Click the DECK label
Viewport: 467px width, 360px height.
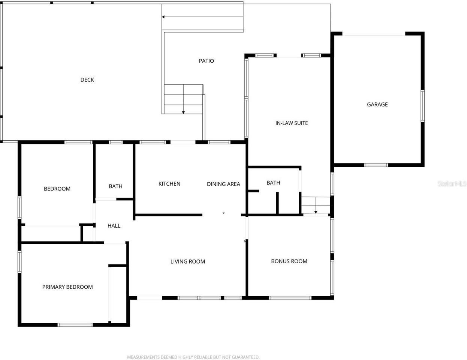coord(87,80)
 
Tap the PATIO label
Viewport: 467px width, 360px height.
coord(206,61)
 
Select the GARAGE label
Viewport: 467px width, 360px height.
coord(377,105)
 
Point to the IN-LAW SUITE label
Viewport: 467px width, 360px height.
coord(292,123)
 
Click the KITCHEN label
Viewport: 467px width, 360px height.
coord(169,184)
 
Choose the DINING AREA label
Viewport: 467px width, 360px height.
coord(223,184)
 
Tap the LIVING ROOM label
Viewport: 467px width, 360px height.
coord(187,262)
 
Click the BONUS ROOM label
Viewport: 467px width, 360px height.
coord(289,261)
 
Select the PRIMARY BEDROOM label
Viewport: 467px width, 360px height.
coord(67,287)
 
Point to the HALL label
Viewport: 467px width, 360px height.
coord(114,226)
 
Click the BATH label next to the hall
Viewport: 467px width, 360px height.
coord(115,186)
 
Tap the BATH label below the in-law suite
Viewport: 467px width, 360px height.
coord(273,183)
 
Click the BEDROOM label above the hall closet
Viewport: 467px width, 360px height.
coord(57,189)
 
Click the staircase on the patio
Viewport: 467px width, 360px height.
coord(184,99)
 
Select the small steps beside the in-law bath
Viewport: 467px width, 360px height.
coord(316,205)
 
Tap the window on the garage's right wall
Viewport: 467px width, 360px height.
coord(422,106)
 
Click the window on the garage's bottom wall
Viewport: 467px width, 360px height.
coord(376,165)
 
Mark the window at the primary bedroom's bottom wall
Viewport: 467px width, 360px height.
coord(75,325)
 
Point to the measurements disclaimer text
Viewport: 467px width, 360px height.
coord(193,357)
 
